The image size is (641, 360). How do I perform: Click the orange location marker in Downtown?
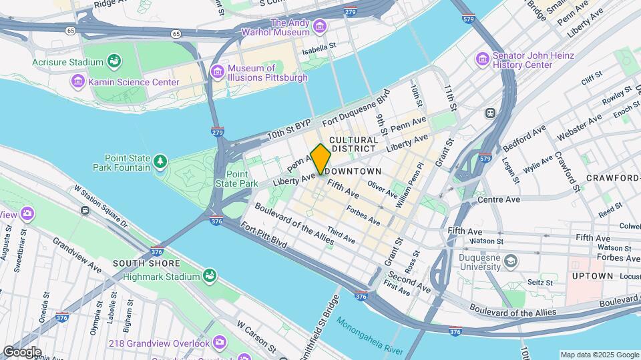click(x=320, y=159)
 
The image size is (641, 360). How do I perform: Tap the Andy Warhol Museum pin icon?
click(x=320, y=27)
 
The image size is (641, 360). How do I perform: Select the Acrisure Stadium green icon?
click(x=114, y=62)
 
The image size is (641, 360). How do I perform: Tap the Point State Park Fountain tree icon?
click(x=160, y=161)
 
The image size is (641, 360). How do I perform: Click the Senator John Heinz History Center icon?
click(x=483, y=60)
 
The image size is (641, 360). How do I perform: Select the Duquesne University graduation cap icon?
click(x=511, y=259)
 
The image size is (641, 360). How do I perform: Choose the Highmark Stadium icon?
click(x=210, y=275)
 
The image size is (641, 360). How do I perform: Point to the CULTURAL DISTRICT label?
click(x=354, y=144)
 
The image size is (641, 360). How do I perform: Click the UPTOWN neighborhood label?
click(x=592, y=275)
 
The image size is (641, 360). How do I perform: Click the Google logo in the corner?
click(x=21, y=351)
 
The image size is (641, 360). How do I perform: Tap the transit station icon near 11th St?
click(x=490, y=113)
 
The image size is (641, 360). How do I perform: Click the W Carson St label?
click(x=256, y=337)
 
